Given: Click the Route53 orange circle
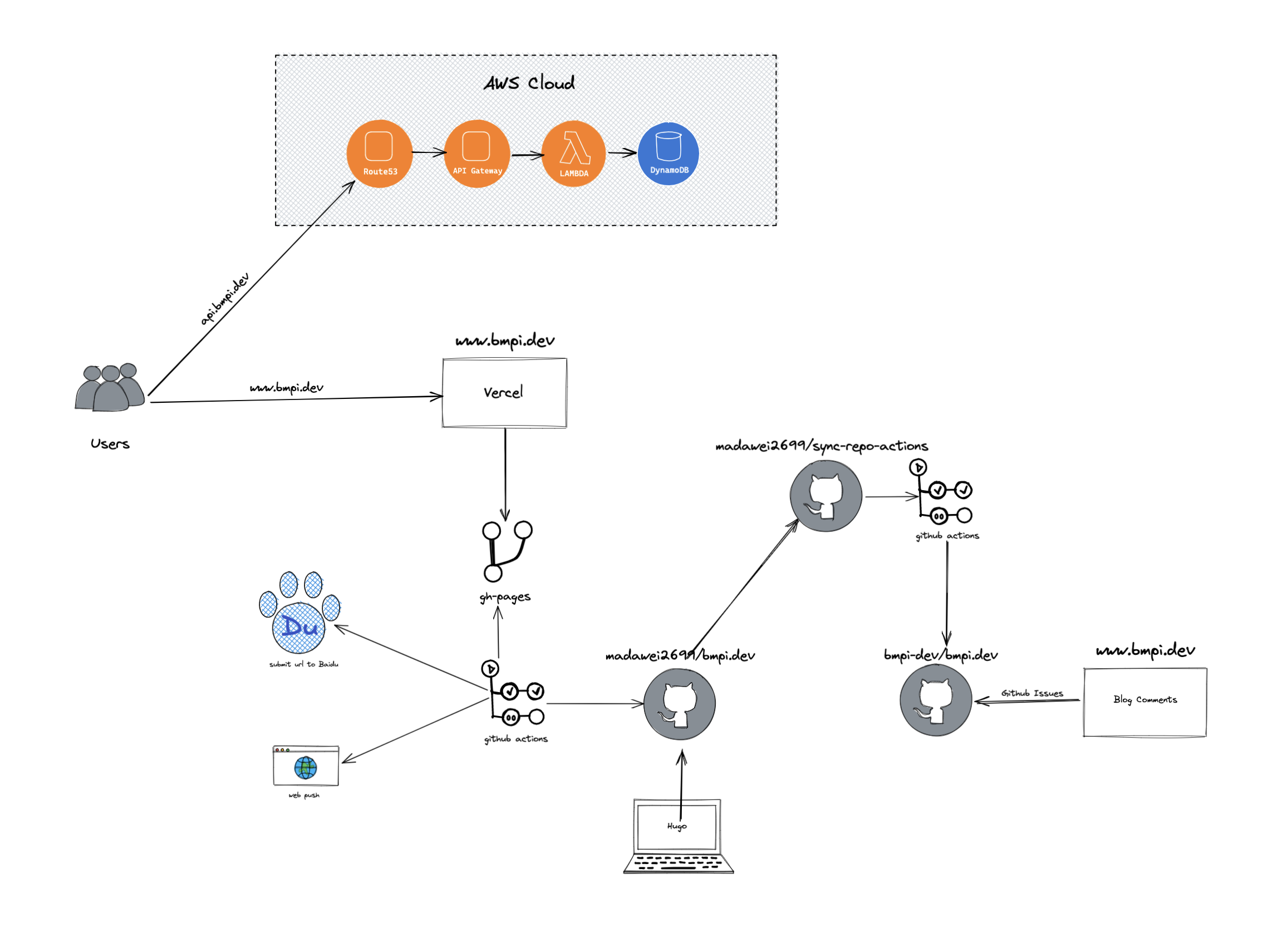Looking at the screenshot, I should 380,154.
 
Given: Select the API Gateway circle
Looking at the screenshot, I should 476,154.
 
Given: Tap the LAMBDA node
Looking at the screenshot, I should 573,154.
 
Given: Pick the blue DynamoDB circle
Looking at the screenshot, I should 669,154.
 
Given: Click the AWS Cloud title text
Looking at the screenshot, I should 529,83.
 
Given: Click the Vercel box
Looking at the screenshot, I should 504,393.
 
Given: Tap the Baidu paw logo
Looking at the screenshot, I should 299,613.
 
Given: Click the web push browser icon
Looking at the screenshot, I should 306,766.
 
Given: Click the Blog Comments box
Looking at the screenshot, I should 1144,702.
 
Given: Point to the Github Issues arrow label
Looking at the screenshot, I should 1032,693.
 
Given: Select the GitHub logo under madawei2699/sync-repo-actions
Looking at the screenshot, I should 825,496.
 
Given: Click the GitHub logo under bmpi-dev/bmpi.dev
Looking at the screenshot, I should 935,700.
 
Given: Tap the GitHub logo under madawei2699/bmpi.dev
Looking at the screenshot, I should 679,704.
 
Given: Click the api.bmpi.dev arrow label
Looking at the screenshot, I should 225,299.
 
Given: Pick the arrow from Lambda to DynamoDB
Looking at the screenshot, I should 622,152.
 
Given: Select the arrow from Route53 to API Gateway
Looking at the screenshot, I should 428,152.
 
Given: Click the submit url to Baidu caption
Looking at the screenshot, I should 303,664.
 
